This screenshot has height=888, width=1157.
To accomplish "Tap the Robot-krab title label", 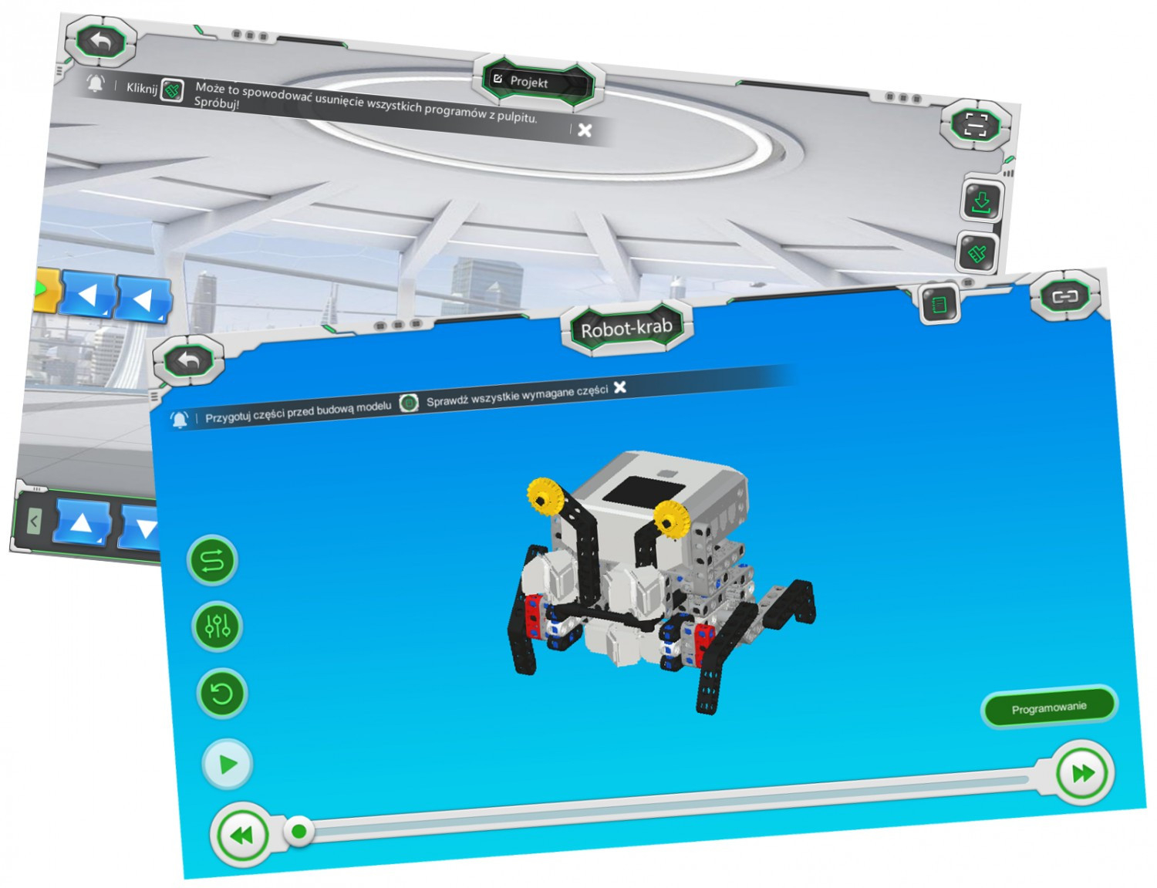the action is click(626, 328).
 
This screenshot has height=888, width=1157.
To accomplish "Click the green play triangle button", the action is click(228, 765).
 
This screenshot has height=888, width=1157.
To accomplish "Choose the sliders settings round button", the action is click(218, 626).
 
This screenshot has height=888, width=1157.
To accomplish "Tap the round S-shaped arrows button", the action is click(212, 560).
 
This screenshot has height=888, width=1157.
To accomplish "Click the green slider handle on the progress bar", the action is click(299, 831).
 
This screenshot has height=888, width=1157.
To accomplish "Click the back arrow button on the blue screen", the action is click(188, 361).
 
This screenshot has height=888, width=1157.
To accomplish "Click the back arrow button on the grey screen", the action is click(100, 41).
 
